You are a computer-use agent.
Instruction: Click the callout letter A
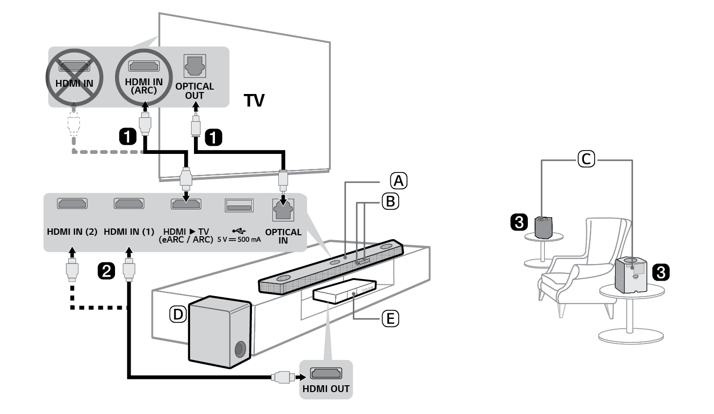tap(398, 181)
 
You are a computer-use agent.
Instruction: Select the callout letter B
tap(390, 201)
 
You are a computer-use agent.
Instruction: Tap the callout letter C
tap(586, 159)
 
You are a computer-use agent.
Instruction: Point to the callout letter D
tap(178, 315)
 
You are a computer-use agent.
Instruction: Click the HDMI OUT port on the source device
tap(326, 374)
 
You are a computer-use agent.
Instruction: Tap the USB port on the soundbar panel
tap(239, 206)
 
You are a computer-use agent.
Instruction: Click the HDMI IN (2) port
tap(72, 204)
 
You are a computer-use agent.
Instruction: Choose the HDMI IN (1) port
tap(129, 204)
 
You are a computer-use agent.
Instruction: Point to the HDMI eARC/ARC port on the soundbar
tap(186, 204)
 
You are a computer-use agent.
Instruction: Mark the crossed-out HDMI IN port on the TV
tap(74, 66)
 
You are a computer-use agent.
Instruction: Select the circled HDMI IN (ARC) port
tap(143, 66)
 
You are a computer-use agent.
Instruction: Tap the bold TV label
tap(254, 101)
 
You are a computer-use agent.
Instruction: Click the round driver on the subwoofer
tap(240, 349)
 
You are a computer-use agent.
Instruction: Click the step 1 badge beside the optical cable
tap(213, 138)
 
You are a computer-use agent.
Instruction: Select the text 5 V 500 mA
tap(239, 240)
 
